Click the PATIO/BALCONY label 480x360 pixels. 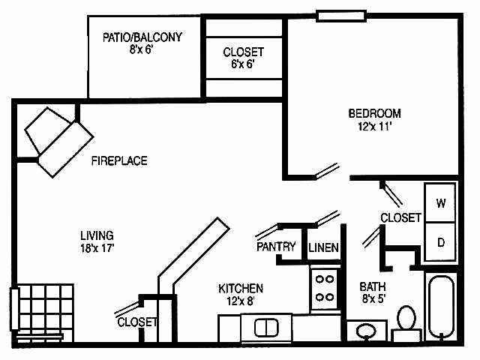coord(145,37)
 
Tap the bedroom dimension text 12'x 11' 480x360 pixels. coord(375,127)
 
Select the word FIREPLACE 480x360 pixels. coord(119,160)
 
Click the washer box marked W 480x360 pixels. coord(441,203)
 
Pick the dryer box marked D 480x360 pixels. coord(441,241)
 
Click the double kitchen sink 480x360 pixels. coord(265,327)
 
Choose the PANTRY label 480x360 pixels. coord(276,247)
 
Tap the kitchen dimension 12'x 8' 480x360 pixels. coord(241,301)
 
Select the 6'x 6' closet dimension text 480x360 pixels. coord(243,64)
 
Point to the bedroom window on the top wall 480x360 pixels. coord(342,15)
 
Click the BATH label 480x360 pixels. coord(373,286)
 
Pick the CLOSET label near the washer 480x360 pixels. coord(401,217)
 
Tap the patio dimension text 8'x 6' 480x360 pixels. coord(145,49)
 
